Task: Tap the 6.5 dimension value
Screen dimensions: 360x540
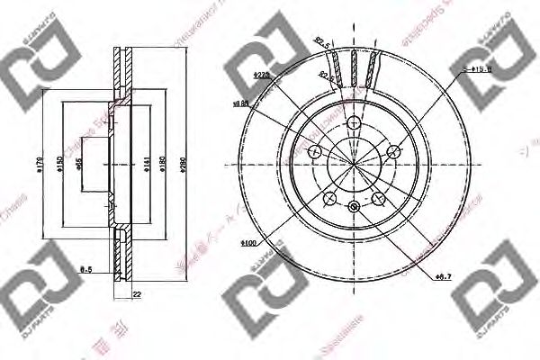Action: click(85, 268)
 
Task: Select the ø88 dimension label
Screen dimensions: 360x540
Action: click(241, 104)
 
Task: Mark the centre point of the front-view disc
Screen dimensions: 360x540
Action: click(353, 163)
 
